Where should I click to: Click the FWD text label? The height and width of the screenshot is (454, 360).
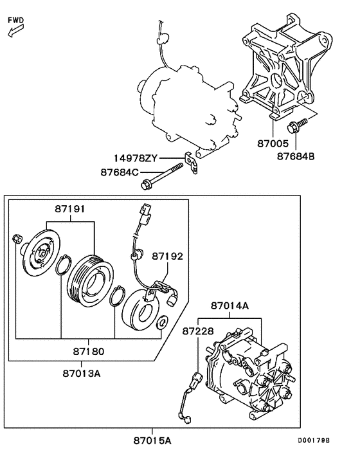point(16,20)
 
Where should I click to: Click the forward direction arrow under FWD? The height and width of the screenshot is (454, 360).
point(14,32)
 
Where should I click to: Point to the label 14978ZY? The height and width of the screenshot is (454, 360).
point(136,158)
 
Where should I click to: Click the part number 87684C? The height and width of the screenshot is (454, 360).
point(120,172)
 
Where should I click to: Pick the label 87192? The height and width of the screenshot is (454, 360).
point(167,256)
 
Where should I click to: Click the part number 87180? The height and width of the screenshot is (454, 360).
point(88,353)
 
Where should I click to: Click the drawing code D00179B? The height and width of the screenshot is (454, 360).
point(313,440)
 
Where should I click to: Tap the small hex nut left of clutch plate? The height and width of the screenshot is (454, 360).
point(17,240)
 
